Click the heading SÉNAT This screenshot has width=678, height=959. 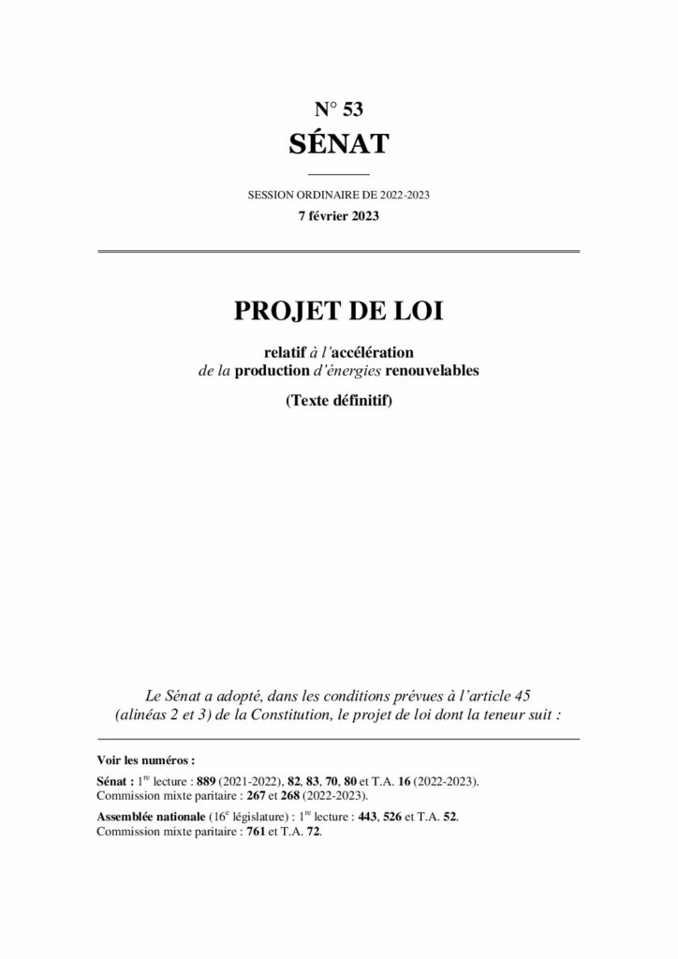[338, 144]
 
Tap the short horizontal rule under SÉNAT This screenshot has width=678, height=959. [338, 175]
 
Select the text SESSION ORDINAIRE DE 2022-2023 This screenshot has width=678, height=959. [338, 196]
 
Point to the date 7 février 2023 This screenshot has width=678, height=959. [338, 215]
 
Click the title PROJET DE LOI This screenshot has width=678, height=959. [338, 311]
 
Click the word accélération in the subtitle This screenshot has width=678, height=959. [374, 351]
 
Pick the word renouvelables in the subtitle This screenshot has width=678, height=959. [432, 371]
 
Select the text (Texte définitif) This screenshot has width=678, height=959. [338, 403]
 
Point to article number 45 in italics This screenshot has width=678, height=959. [523, 696]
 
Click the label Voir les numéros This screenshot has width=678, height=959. [145, 761]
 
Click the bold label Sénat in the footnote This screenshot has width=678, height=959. [113, 780]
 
